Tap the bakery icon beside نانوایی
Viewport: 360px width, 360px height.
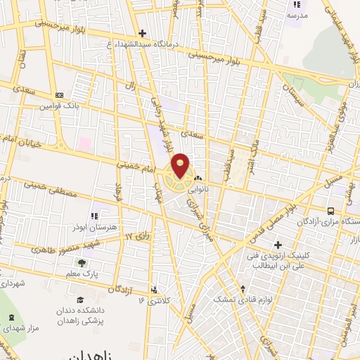tap(198, 179)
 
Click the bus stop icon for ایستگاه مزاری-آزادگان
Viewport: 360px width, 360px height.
tap(330, 210)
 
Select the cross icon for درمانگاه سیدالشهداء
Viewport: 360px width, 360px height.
tap(142, 33)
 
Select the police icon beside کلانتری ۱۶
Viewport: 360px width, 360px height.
tap(154, 288)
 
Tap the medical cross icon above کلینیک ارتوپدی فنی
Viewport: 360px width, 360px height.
tap(278, 245)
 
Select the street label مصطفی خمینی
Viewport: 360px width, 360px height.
tap(47, 186)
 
